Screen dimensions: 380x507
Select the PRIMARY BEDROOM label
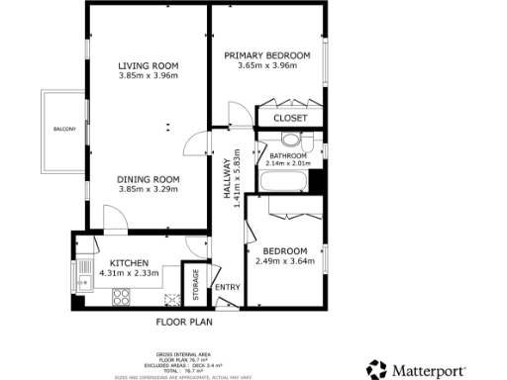266,54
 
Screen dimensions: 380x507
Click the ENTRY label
227,288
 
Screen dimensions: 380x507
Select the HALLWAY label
227,179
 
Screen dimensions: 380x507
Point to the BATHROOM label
287,155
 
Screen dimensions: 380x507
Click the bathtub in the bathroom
284,180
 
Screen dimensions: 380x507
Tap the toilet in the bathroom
303,140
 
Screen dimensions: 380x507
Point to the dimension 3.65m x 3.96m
266,65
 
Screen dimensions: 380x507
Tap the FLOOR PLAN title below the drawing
184,322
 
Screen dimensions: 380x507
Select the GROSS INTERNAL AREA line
183,354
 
